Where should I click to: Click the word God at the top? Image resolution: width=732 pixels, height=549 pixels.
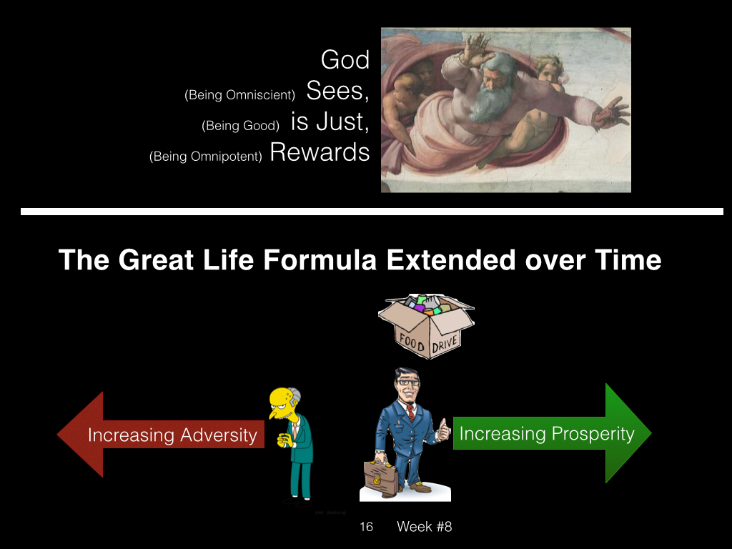[x=345, y=60]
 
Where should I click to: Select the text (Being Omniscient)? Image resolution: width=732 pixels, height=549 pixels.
[x=240, y=95]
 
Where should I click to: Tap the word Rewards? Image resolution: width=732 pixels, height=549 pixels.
[x=320, y=152]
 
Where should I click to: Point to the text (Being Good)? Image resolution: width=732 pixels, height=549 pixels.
[x=240, y=126]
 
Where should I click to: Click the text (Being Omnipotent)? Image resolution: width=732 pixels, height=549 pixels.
[x=205, y=157]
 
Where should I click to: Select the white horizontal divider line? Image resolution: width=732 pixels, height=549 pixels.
[x=372, y=212]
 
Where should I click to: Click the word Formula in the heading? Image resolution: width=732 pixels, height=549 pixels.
[x=320, y=260]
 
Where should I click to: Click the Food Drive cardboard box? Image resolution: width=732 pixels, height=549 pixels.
[x=426, y=326]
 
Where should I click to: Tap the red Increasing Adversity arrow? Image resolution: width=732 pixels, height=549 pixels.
[x=161, y=435]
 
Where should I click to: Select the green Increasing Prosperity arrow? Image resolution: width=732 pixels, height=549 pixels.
[x=553, y=433]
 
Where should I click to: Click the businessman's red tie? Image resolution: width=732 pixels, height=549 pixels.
[x=410, y=412]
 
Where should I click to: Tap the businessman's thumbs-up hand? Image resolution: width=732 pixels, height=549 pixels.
[x=443, y=429]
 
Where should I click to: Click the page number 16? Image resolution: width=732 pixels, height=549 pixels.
[x=367, y=527]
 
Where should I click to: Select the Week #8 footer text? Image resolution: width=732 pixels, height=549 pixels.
[x=425, y=527]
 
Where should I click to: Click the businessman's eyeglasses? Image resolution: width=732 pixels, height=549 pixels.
[x=407, y=382]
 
